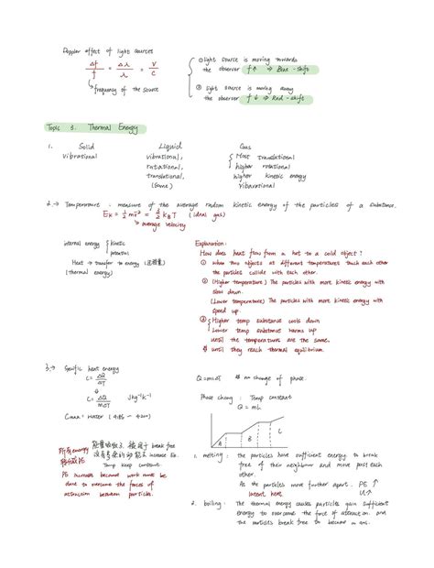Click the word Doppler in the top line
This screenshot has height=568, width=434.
tap(73, 51)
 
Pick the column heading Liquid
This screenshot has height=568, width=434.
tap(170, 147)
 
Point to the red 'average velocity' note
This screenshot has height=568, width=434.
tap(137, 224)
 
